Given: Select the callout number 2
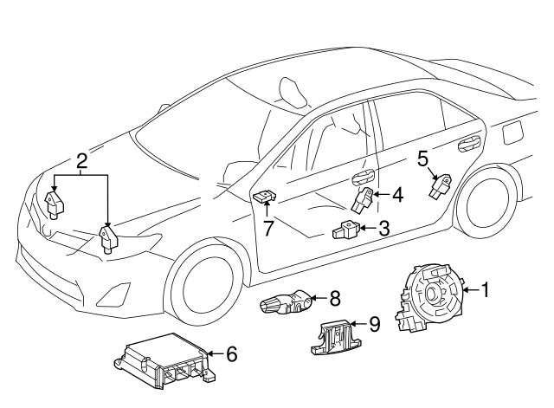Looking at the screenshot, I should [81, 160].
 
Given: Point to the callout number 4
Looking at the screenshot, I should [397, 195].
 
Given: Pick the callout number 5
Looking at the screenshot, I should [423, 158].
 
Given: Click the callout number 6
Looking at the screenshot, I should [231, 353].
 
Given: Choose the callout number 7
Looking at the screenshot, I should [269, 228].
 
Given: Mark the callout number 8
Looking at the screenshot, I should [335, 297].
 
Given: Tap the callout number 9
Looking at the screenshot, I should [374, 324].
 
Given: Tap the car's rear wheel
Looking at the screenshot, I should [486, 211].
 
